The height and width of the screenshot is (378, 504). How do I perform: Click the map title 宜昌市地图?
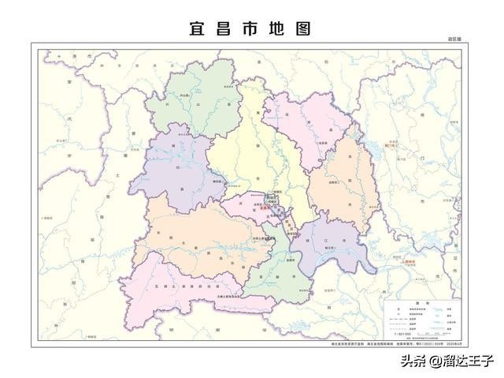251,28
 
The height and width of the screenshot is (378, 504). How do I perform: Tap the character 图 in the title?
303,28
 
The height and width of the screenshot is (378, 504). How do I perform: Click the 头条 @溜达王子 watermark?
446,362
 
